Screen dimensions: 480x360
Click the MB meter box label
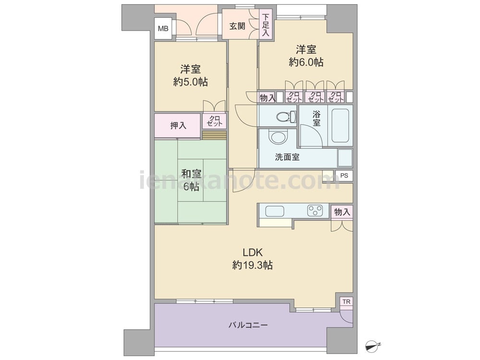coord(163,29)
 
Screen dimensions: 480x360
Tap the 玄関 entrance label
coord(237,26)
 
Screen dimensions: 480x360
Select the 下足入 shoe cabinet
coord(266,24)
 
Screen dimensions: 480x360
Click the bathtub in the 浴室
coord(340,125)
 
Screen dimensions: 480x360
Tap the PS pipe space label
coord(344,176)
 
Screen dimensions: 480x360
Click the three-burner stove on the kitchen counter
coord(315,210)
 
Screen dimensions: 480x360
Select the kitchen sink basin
coord(275,211)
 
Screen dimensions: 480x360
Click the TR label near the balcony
coord(346,302)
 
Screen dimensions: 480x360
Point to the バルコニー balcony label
coord(248,325)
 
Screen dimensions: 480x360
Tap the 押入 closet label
coord(178,125)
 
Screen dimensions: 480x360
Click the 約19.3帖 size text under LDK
coord(252,265)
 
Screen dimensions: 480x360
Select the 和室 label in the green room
coord(191,174)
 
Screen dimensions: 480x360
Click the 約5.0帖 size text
coord(190,82)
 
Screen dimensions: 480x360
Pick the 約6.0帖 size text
coord(306,62)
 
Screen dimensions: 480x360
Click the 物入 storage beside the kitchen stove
coord(342,212)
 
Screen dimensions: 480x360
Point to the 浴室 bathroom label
coord(316,119)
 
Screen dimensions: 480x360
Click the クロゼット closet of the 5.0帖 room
coord(214,121)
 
